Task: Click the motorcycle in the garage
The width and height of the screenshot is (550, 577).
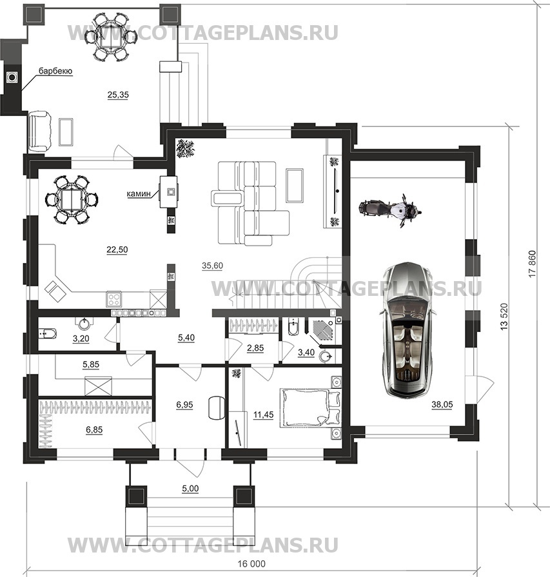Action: pos(390,211)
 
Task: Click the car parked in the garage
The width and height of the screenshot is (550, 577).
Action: pos(409,329)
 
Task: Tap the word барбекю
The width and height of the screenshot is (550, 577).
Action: pos(55,71)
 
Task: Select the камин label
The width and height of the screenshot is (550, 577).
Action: pos(139,193)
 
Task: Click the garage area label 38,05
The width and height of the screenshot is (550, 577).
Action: pos(442,405)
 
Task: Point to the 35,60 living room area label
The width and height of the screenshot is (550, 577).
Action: pos(212,266)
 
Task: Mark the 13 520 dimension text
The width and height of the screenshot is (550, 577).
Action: pos(504,317)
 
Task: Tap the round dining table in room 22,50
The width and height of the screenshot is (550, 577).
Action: pos(72,200)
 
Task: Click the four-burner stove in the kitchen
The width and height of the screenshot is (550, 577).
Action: pos(113,298)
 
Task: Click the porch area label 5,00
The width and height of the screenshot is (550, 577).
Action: pos(190,489)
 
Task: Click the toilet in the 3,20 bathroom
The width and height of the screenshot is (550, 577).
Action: pos(48,334)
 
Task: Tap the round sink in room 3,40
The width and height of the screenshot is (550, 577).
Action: pos(326,357)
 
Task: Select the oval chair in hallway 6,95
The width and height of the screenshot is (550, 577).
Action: pos(217,407)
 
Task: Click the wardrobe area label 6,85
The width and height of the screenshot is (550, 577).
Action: pos(94,429)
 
